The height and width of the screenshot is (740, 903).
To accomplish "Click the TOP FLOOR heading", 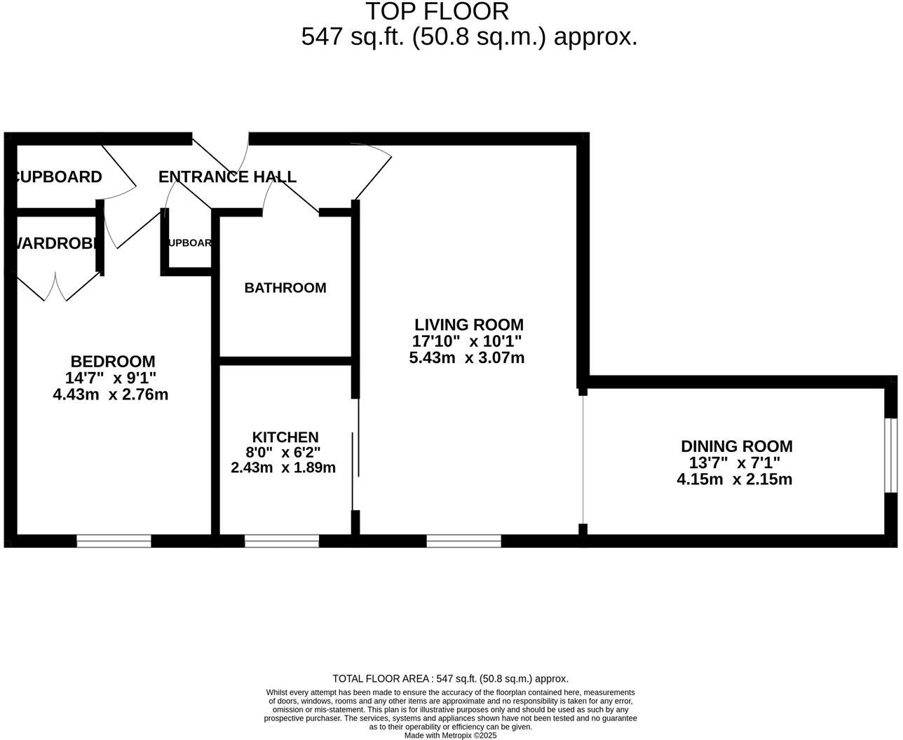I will pyautogui.click(x=437, y=12).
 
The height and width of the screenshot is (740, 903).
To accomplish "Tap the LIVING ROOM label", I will pyautogui.click(x=468, y=325).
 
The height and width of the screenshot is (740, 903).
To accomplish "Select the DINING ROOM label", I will pyautogui.click(x=736, y=446).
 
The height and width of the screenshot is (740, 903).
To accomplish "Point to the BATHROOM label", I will pyautogui.click(x=285, y=288).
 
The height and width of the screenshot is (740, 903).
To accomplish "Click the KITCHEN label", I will pyautogui.click(x=285, y=437).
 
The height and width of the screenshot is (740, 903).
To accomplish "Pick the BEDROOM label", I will pyautogui.click(x=113, y=362).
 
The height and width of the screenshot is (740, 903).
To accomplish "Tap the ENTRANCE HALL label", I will pyautogui.click(x=227, y=177).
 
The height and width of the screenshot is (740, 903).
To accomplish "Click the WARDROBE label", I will pyautogui.click(x=55, y=244).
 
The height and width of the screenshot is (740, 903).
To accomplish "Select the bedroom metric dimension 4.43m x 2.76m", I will pyautogui.click(x=111, y=395).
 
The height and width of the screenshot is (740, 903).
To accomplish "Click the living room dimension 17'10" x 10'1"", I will pyautogui.click(x=467, y=342).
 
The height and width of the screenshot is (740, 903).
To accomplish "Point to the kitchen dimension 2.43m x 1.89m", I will pyautogui.click(x=283, y=467).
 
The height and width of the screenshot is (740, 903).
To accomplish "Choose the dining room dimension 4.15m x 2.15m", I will pyautogui.click(x=734, y=480).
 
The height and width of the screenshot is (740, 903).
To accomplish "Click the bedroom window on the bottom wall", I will pyautogui.click(x=114, y=541).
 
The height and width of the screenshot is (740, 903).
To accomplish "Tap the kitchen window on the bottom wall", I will pyautogui.click(x=282, y=541).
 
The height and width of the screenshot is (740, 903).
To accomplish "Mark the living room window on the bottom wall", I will pyautogui.click(x=463, y=541).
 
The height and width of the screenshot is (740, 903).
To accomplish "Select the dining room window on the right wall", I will pyautogui.click(x=890, y=455).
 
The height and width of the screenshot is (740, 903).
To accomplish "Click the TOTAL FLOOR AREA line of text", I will pyautogui.click(x=450, y=678).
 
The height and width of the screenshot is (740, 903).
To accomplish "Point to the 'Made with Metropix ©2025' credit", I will pyautogui.click(x=450, y=735).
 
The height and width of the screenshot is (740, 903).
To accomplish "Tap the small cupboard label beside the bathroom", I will pyautogui.click(x=189, y=243).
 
